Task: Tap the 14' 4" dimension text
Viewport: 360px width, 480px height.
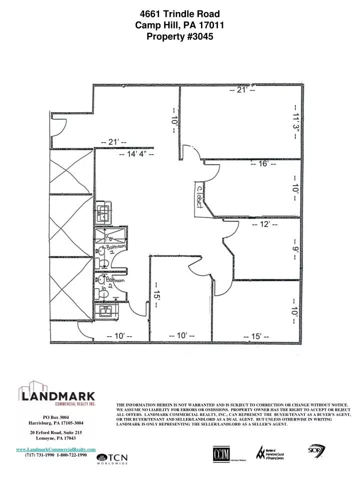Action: pos(136,154)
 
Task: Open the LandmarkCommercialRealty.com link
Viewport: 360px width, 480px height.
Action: pos(56,450)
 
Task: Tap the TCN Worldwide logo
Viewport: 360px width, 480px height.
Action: pos(112,459)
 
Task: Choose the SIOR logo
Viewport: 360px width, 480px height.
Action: pos(317,450)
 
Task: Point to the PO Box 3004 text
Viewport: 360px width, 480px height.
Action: pos(56,417)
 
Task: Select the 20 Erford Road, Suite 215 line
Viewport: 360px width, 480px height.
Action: pos(56,431)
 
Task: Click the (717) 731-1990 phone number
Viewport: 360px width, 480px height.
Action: pos(39,455)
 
